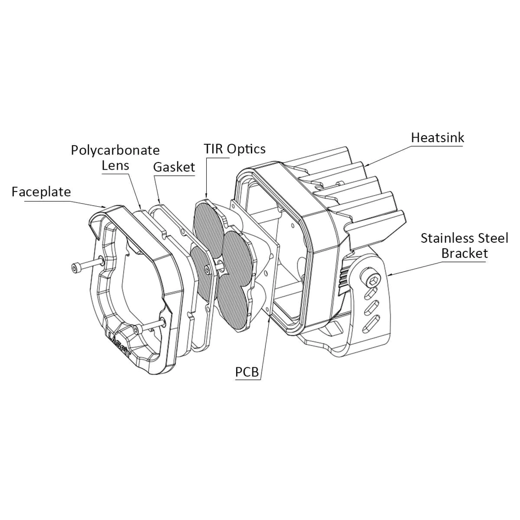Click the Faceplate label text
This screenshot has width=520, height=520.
pyautogui.click(x=41, y=192)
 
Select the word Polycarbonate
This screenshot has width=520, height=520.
pyautogui.click(x=115, y=150)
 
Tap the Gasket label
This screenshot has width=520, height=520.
pyautogui.click(x=174, y=167)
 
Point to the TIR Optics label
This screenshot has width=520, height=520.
pyautogui.click(x=235, y=149)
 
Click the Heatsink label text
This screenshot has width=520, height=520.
pyautogui.click(x=438, y=138)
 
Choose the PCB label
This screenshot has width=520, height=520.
pyautogui.click(x=247, y=372)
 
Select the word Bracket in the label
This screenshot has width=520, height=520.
pyautogui.click(x=465, y=254)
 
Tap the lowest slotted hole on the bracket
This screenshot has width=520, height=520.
pyautogui.click(x=371, y=323)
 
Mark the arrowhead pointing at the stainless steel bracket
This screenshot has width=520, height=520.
pyautogui.click(x=389, y=275)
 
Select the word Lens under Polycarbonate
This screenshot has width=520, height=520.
pyautogui.click(x=115, y=165)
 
